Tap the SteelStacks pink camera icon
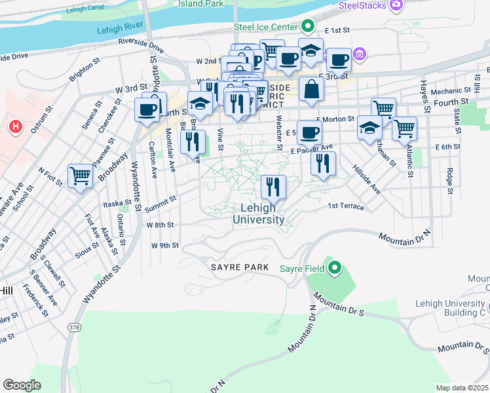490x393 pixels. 396,6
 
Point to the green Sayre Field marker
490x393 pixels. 335,267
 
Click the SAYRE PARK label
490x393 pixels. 240,267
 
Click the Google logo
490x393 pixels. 22,384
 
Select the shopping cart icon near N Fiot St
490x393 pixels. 81,176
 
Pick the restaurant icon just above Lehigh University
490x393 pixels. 273,187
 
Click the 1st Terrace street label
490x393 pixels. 346,206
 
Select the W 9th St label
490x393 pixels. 165,246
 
